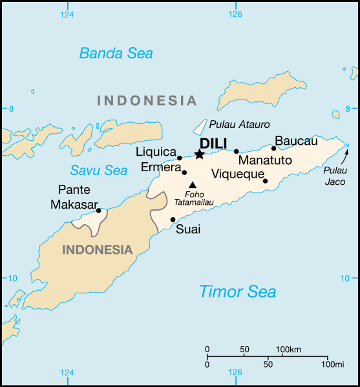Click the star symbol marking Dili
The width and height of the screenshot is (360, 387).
pyautogui.click(x=199, y=154)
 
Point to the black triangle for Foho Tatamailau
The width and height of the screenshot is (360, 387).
pyautogui.click(x=192, y=185)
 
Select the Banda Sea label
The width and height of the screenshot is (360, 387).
pyautogui.click(x=116, y=53)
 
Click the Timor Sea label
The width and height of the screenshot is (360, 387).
pyautogui.click(x=237, y=291)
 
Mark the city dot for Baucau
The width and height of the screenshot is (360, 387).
pyautogui.click(x=273, y=149)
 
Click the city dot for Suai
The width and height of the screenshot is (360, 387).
pyautogui.click(x=173, y=220)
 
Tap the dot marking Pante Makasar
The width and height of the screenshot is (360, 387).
pyautogui.click(x=98, y=210)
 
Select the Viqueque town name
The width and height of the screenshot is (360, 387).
pyautogui.click(x=238, y=174)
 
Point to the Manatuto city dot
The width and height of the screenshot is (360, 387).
pyautogui.click(x=237, y=151)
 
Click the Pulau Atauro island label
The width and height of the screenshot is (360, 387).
pyautogui.click(x=239, y=124)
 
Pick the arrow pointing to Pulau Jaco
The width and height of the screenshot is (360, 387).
pyautogui.click(x=346, y=155)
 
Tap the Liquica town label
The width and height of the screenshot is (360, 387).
pyautogui.click(x=156, y=152)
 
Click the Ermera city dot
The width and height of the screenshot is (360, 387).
pyautogui.click(x=184, y=173)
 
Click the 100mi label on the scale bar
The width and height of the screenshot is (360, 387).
pyautogui.click(x=332, y=364)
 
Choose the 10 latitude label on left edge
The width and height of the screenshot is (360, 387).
pyautogui.click(x=11, y=278)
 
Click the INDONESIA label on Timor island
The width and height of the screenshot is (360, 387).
pyautogui.click(x=97, y=249)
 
